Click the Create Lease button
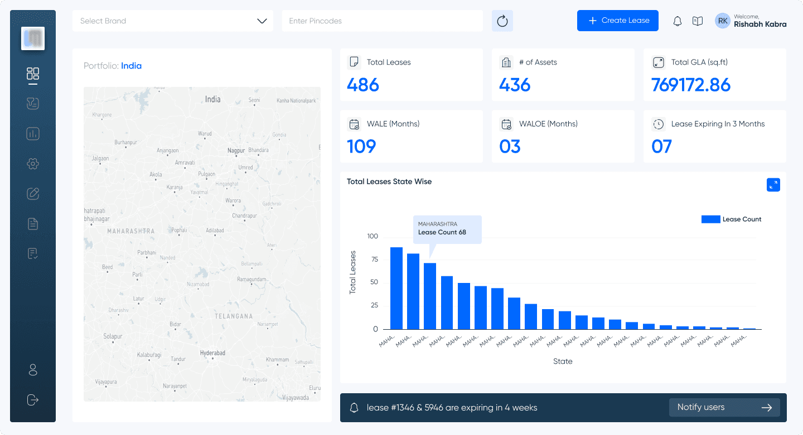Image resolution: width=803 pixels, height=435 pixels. tap(617, 21)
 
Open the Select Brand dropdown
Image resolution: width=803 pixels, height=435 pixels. tap(173, 21)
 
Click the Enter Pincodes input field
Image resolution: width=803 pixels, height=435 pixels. tap(382, 21)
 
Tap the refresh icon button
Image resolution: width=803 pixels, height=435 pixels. tap(502, 21)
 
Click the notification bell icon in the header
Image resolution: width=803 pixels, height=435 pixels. tap(678, 21)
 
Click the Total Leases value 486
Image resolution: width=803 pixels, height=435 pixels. tap(363, 85)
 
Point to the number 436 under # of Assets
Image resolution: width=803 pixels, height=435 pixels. tap(515, 85)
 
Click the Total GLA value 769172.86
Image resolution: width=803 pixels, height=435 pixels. tap(690, 85)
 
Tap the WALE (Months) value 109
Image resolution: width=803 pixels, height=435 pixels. tap(361, 146)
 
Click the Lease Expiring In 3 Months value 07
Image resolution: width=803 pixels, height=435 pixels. tap(661, 146)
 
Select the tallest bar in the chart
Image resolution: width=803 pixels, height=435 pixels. tap(396, 288)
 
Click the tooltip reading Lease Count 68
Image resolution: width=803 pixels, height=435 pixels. tap(447, 229)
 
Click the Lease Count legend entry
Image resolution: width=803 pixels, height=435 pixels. tap(731, 219)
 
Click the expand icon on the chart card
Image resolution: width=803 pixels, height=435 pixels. tap(773, 185)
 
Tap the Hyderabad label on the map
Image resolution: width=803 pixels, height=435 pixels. tap(212, 353)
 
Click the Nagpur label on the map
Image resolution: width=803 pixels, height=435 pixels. tap(236, 150)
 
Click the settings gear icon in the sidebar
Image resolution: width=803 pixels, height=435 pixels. tap(33, 164)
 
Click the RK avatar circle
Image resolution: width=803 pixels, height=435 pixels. tap(723, 21)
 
